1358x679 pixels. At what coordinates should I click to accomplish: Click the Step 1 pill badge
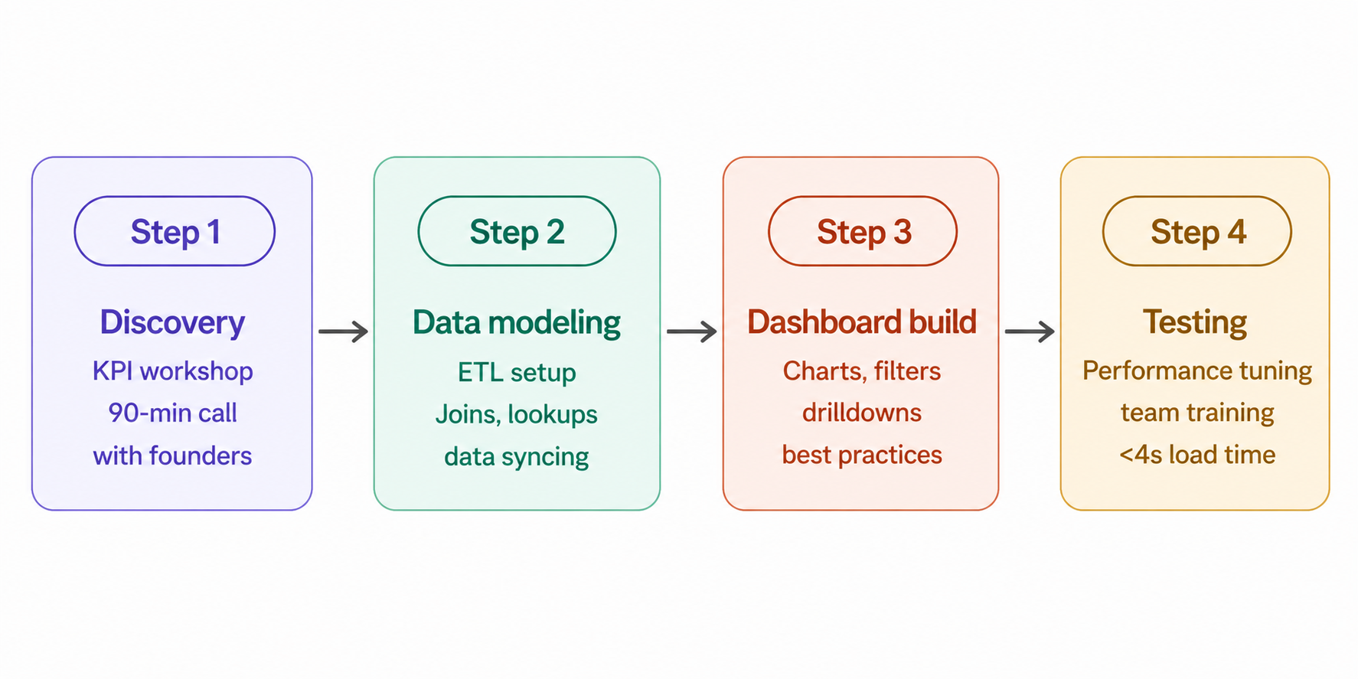coord(175,231)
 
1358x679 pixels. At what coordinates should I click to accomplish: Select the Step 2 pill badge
coord(517,231)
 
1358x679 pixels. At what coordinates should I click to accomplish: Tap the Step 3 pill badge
coord(863,231)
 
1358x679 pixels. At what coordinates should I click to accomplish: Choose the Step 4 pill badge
coord(1197,231)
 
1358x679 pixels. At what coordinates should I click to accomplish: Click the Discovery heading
coord(172,322)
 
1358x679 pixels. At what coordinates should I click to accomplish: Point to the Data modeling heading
coord(517,322)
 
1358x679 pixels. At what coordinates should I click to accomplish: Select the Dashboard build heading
coord(862,322)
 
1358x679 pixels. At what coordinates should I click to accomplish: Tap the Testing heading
coord(1195,322)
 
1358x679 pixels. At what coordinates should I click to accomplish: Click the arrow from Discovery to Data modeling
coord(343,331)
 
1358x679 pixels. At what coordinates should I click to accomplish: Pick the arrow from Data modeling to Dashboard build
coord(691,331)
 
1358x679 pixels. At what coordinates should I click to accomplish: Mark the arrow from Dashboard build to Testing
coord(1030,331)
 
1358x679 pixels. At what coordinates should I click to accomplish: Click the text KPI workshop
coord(172,371)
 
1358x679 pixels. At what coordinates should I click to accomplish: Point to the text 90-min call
coord(172,413)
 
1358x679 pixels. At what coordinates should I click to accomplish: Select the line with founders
coord(172,455)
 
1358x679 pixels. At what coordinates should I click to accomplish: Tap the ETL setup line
coord(517,372)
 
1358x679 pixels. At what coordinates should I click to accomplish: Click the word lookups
coord(552,414)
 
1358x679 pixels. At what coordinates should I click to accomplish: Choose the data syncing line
coord(517,457)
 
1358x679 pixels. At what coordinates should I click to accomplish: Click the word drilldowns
coord(862,413)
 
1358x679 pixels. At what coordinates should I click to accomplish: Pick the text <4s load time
coord(1197,455)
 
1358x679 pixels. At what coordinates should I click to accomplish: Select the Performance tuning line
coord(1197,371)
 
